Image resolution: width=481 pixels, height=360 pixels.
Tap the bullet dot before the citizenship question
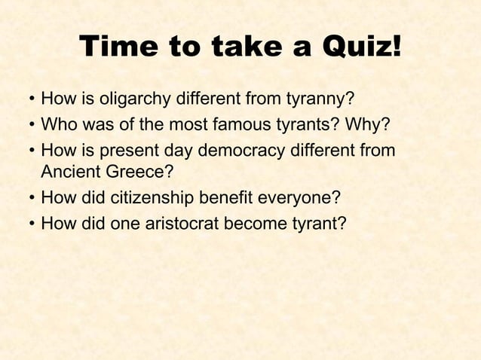coord(30,198)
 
